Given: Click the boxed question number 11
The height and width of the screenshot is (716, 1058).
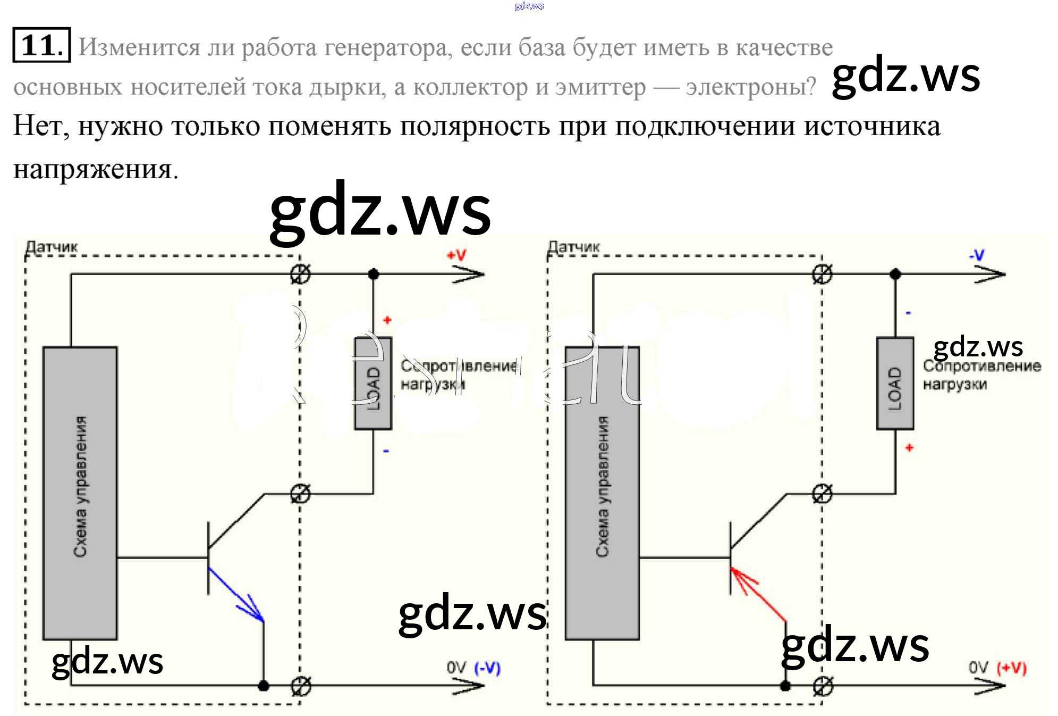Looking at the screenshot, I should [x=41, y=45].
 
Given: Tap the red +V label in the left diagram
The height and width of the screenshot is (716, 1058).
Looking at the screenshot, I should [x=456, y=255].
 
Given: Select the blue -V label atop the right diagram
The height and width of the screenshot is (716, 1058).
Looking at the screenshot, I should [x=977, y=255].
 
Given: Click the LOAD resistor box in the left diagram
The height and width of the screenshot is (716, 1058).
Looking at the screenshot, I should [x=373, y=384].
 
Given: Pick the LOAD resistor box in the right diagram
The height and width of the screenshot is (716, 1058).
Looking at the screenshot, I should [x=895, y=384].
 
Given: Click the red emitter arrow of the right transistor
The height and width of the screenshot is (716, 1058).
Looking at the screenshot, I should [x=757, y=593].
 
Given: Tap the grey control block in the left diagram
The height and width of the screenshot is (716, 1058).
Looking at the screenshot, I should [x=80, y=493].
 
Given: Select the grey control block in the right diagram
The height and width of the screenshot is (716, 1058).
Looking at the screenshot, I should [x=602, y=493].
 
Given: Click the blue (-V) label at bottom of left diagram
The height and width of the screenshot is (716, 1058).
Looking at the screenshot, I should [x=487, y=668].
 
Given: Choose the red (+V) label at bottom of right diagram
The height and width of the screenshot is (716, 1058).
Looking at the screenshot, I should [x=1012, y=668].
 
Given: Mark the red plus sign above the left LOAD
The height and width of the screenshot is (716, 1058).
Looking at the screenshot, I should [x=387, y=320].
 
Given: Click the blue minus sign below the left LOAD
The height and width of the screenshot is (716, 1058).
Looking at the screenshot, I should [x=386, y=451].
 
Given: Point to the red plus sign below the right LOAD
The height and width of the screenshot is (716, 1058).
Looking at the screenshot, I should [x=909, y=448].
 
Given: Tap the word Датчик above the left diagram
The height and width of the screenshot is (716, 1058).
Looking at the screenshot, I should [x=52, y=247].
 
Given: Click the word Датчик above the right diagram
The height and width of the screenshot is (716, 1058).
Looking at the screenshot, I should [x=573, y=247].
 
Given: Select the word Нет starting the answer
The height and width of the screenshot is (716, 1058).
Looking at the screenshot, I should [x=40, y=127].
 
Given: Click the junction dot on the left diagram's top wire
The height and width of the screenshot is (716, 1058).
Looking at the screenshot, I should [x=374, y=274].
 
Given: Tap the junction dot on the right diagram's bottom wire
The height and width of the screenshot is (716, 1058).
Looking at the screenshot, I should [x=785, y=686].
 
